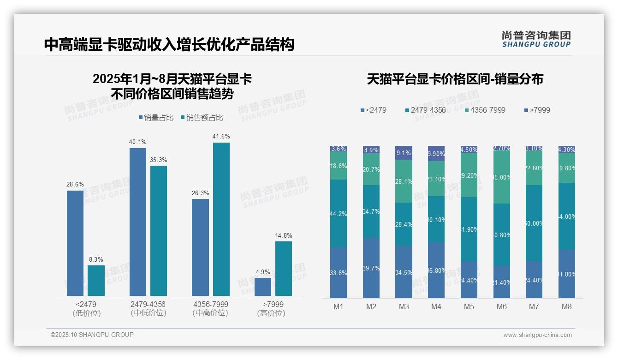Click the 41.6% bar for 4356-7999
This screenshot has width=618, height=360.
coord(221,219)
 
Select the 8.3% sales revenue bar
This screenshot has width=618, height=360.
coord(96,281)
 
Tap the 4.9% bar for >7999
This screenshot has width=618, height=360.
coord(262,287)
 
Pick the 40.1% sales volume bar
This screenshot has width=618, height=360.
coord(137,222)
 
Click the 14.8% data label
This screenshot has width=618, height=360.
coord(284,235)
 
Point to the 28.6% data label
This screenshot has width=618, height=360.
coord(75,185)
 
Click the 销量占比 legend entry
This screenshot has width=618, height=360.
coord(156,118)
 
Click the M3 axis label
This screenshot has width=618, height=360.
coord(404,307)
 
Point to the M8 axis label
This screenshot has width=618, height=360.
coord(567,307)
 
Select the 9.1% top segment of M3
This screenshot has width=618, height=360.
coord(404,152)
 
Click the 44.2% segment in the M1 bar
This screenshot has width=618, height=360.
coord(339,214)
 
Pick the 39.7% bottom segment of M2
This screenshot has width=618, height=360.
coord(371,268)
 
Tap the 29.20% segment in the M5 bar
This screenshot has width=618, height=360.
coord(469,175)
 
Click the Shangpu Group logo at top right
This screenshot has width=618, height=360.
coord(536,39)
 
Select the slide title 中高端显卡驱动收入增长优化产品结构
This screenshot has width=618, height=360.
coord(169,45)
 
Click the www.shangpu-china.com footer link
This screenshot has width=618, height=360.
coord(537,335)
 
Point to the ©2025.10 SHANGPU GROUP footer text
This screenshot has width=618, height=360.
coord(92,335)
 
